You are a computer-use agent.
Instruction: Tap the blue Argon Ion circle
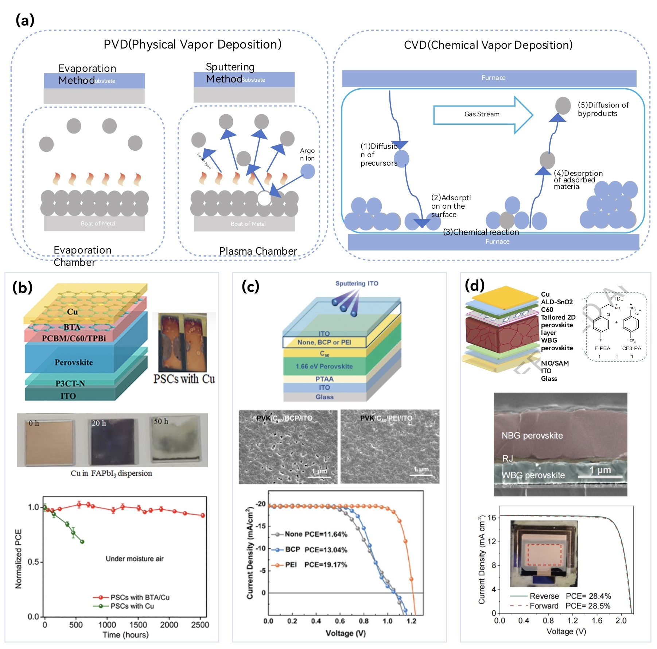[x=308, y=171]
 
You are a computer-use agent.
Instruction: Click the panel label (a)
[x=25, y=20]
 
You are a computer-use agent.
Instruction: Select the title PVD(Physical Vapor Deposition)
[x=193, y=45]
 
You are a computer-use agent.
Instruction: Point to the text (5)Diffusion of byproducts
[x=603, y=109]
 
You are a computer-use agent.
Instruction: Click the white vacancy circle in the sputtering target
[x=264, y=198]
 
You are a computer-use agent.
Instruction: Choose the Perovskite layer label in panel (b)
[x=74, y=362]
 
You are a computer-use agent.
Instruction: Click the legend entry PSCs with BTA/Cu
[x=140, y=598]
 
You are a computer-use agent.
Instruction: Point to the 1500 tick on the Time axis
[x=138, y=625]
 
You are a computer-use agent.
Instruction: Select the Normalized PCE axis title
[x=18, y=559]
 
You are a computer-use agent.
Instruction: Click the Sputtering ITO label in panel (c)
[x=357, y=283]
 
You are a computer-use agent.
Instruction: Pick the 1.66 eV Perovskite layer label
[x=324, y=366]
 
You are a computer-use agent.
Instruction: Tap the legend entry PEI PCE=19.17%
[x=315, y=565]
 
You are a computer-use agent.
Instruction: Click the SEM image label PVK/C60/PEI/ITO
[x=386, y=418]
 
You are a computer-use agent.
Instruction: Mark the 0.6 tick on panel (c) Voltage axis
[x=340, y=621]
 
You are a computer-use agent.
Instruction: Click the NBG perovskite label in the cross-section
[x=532, y=435]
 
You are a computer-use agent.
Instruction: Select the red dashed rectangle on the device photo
[x=544, y=555]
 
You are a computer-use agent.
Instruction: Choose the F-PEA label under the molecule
[x=602, y=348]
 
